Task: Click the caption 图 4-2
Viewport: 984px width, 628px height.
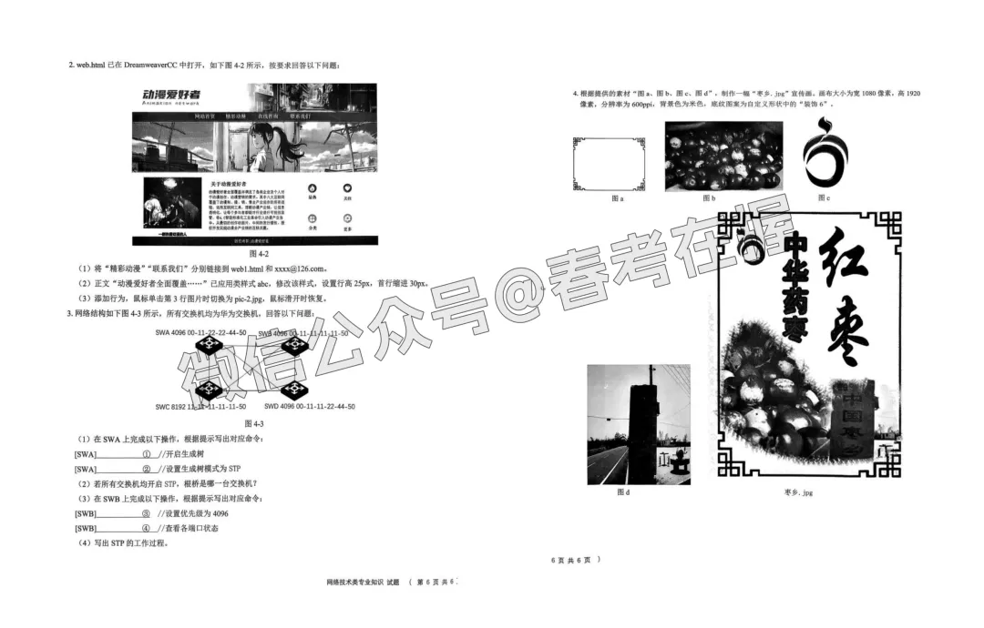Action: click(x=255, y=253)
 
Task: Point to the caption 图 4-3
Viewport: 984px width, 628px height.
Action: click(x=254, y=424)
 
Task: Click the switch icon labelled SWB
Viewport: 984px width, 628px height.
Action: click(x=294, y=346)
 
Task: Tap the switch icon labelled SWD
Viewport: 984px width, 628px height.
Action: click(x=293, y=390)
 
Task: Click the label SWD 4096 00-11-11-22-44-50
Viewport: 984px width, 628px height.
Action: click(x=309, y=406)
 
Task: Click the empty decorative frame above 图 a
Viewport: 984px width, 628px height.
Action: click(x=609, y=164)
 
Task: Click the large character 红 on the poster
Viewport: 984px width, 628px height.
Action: click(x=843, y=254)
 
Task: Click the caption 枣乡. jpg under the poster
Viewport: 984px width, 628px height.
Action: click(x=797, y=492)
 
